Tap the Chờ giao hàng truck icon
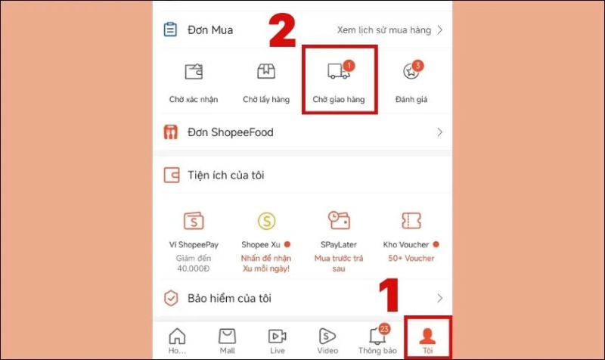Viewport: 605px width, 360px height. tap(338, 71)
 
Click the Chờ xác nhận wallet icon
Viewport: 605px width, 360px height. tap(194, 72)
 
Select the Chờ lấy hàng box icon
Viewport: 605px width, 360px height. tap(265, 71)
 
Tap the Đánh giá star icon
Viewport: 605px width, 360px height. tap(409, 71)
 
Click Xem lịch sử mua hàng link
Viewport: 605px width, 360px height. tap(383, 30)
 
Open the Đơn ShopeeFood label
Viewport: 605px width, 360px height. tap(231, 132)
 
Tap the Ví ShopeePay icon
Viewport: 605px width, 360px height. tap(194, 221)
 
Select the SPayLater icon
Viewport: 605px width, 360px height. tap(338, 221)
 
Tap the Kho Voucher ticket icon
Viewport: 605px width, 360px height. tap(410, 221)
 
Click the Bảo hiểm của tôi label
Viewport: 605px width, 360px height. tap(231, 298)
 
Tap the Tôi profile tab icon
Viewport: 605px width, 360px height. tap(427, 336)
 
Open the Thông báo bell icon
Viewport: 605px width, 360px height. tap(377, 336)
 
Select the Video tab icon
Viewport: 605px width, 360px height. tap(327, 336)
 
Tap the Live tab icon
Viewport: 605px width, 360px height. tap(277, 336)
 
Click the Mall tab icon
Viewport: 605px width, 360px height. tap(227, 336)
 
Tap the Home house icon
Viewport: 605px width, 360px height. tap(177, 336)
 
